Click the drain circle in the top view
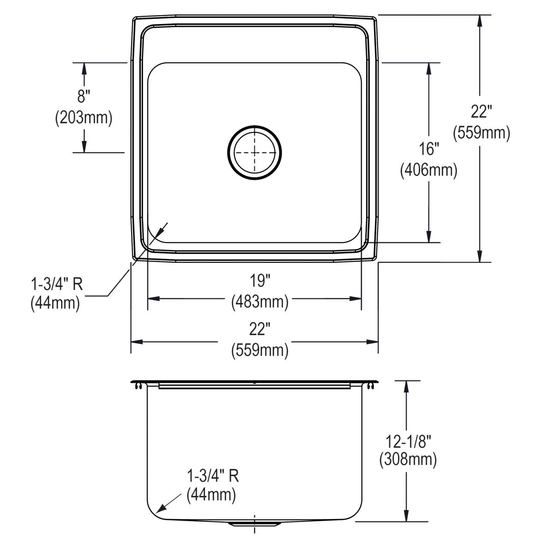[254, 151]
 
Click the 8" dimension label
[84, 96]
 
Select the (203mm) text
[84, 118]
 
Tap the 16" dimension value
[428, 149]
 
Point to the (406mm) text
[428, 171]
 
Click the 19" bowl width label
[259, 280]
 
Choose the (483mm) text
[259, 302]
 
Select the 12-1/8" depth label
[408, 442]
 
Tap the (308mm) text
[408, 460]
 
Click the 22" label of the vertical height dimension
[481, 111]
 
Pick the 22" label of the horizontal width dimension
[259, 330]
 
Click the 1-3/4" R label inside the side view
[213, 476]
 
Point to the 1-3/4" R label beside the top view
[56, 283]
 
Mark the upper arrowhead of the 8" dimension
[84, 68]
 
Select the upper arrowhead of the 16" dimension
[429, 68]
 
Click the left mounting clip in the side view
[138, 387]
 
